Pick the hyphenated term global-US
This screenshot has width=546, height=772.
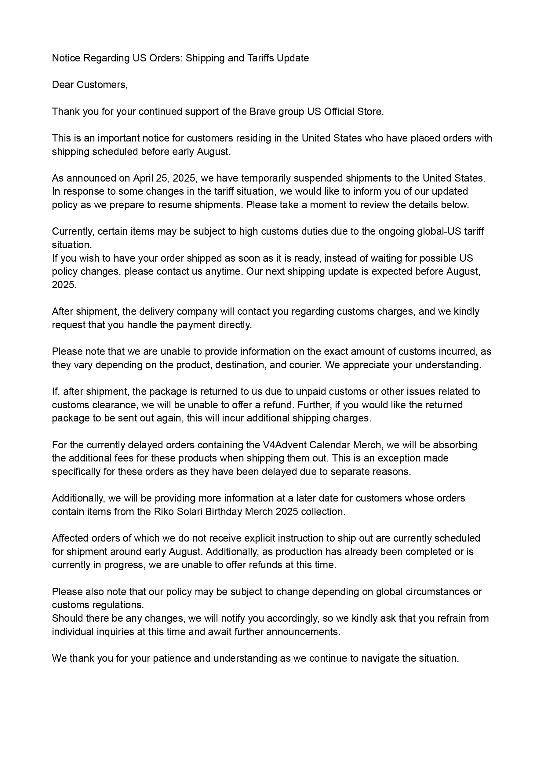point(439,231)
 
